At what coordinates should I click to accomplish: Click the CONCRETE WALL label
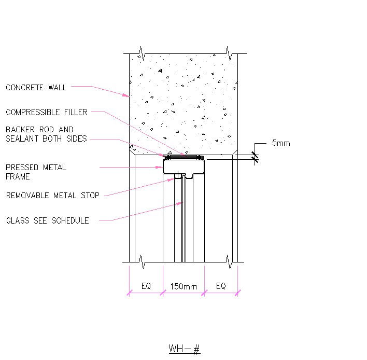point(36,88)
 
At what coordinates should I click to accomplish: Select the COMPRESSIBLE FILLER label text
point(47,112)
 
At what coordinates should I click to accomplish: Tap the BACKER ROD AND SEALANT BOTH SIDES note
point(46,134)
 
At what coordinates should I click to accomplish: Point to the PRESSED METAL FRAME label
point(36,172)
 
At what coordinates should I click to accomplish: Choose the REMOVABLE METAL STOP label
point(52,196)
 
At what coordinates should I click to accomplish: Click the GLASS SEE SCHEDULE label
point(47,220)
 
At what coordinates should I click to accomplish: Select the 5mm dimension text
point(281,143)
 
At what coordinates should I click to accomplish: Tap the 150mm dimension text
point(183,286)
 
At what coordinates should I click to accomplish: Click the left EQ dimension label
point(146,286)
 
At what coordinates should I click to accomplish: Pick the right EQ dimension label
point(221,286)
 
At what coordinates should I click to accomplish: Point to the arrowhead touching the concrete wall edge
point(126,95)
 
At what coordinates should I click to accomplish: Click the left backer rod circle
point(167,157)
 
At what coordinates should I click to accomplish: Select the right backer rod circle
point(199,157)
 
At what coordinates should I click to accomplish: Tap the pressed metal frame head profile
point(183,167)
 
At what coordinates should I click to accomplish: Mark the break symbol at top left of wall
point(140,53)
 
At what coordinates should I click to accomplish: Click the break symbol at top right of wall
point(229,53)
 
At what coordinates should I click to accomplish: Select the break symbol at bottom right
point(229,262)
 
